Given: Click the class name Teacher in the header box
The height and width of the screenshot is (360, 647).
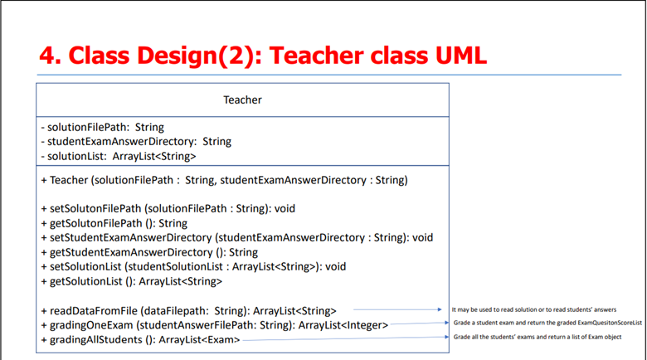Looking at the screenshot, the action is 242,100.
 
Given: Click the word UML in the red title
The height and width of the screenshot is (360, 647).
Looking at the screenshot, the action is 461,56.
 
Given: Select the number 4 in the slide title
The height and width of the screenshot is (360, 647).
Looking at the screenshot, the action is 50,56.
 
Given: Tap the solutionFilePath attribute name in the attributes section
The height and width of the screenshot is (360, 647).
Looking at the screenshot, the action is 88,127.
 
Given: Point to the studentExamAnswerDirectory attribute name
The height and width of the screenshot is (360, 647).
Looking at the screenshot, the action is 122,142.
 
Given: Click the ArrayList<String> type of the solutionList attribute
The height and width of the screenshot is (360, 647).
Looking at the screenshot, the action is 154,157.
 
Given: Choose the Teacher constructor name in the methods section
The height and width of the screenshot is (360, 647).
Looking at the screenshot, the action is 69,180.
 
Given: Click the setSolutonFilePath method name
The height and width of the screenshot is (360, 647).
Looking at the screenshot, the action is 96,208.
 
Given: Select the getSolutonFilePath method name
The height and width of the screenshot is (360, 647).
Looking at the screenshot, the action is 95,223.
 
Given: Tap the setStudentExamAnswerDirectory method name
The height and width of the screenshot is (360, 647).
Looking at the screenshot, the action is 131,238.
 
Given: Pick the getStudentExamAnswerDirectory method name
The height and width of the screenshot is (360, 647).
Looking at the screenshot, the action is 131,252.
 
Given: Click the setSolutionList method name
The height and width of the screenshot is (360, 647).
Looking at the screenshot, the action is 85,267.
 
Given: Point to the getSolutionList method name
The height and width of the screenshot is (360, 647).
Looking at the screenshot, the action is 85,281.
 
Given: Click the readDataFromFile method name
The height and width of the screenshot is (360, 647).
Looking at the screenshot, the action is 94,311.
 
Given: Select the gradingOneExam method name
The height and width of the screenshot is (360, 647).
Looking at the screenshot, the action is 91,325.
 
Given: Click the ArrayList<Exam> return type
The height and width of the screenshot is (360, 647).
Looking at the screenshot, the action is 199,340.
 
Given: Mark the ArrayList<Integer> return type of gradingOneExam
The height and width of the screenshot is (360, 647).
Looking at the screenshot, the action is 343,325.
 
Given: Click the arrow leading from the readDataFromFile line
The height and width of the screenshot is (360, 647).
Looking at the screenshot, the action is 398,309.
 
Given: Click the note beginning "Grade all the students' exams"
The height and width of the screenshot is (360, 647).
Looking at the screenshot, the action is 538,337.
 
